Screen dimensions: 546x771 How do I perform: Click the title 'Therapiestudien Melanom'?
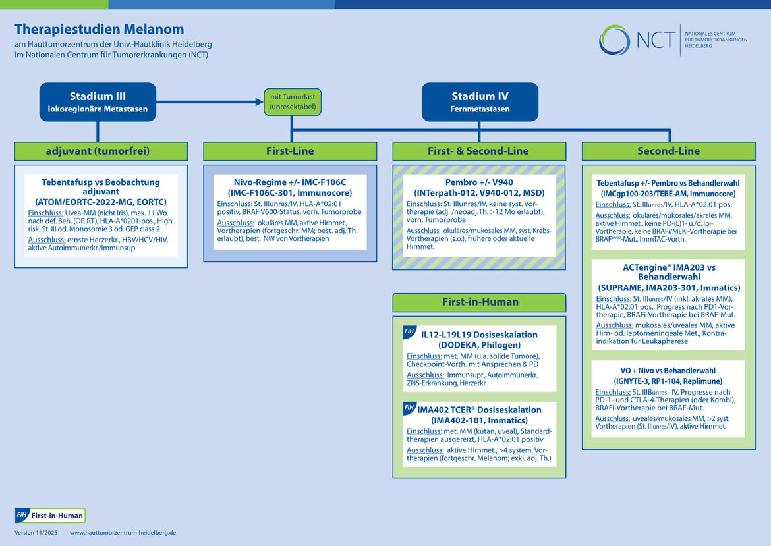100,30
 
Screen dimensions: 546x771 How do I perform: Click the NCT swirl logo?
614,40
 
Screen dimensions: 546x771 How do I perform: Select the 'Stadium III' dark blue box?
98,102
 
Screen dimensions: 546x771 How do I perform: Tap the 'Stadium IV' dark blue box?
480,102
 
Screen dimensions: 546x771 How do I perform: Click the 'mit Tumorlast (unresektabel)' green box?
293,101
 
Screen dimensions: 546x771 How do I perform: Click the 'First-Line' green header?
290,151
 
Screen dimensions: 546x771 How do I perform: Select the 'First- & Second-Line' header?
478,151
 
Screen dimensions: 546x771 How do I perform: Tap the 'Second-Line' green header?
668,151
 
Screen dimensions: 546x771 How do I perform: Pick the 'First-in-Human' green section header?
478,302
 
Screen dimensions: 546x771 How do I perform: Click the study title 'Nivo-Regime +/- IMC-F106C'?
290,182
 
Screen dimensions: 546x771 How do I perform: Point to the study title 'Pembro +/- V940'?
479,182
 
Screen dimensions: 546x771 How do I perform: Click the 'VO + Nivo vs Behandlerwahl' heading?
668,371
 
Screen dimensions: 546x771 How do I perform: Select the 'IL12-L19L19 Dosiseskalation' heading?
479,335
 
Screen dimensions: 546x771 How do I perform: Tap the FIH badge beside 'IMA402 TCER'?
409,408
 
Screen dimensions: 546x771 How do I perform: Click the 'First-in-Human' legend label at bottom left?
57,516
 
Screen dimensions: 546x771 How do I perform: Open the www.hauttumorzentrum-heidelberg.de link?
123,533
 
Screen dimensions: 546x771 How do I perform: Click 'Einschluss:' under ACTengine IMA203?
614,299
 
